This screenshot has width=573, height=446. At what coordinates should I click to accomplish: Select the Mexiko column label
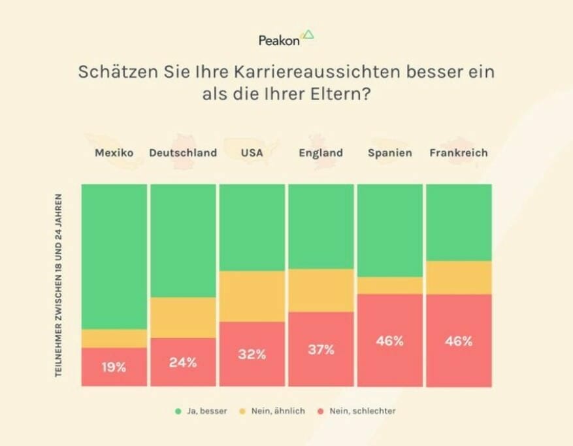click(114, 153)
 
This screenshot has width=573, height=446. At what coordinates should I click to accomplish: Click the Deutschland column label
click(183, 153)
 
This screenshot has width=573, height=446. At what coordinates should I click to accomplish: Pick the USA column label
click(252, 153)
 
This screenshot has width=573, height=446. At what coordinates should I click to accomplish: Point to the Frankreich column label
click(459, 153)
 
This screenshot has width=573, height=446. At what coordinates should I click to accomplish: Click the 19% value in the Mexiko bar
click(114, 367)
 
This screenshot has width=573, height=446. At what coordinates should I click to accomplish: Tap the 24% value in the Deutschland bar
click(183, 362)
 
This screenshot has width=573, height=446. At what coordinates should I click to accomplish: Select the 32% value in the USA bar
click(252, 354)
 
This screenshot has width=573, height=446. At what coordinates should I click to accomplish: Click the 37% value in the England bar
click(321, 349)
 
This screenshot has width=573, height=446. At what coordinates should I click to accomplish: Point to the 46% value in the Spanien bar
click(389, 341)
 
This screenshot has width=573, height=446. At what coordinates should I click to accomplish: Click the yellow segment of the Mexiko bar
click(114, 338)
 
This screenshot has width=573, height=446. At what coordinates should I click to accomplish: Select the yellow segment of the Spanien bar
click(389, 285)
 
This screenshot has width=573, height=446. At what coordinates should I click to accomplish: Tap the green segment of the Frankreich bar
click(459, 222)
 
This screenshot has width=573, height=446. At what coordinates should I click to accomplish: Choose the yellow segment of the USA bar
click(252, 296)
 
